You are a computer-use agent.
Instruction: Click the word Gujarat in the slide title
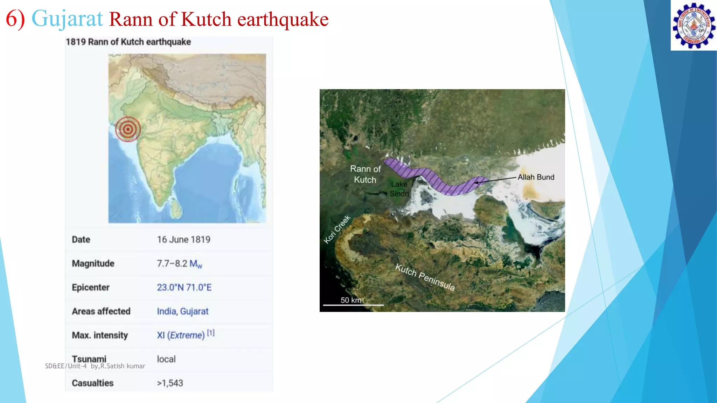click(x=67, y=19)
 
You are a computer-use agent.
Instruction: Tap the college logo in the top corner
click(x=694, y=26)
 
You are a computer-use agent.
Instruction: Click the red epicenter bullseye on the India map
click(x=128, y=129)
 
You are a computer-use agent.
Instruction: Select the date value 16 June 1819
click(x=183, y=240)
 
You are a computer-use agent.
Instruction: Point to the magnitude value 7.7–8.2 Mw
click(x=179, y=264)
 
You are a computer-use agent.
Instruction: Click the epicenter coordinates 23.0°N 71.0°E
click(x=184, y=288)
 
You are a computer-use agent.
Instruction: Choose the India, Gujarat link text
click(x=182, y=311)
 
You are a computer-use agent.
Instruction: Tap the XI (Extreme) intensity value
click(x=181, y=335)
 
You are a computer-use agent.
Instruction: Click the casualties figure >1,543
click(x=170, y=383)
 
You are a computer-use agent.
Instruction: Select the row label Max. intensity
click(x=100, y=335)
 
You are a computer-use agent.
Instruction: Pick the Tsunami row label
click(x=89, y=359)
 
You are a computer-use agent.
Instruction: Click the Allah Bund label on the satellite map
click(x=536, y=177)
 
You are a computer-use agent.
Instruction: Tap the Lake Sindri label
click(x=399, y=189)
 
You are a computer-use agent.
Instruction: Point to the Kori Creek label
click(x=337, y=229)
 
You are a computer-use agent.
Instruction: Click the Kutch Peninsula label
click(x=425, y=277)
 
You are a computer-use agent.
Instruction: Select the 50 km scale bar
click(x=353, y=305)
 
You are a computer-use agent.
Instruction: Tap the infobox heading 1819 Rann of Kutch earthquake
click(x=128, y=42)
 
